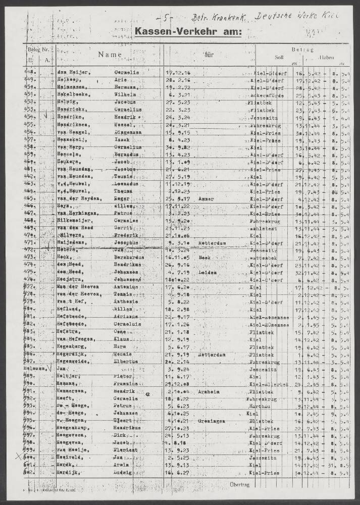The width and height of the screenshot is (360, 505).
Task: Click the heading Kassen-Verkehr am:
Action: click(x=188, y=32)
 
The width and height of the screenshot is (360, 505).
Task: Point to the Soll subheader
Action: click(x=279, y=57)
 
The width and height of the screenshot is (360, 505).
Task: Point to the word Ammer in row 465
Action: click(x=207, y=199)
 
